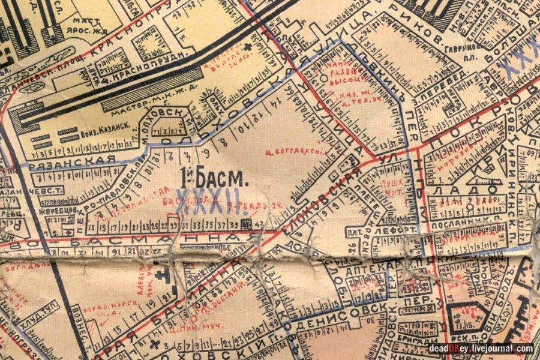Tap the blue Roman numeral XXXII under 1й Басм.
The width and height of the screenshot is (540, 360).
click(211, 202)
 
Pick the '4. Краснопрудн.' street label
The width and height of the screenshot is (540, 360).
click(130, 77)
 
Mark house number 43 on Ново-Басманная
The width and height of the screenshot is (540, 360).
click(259, 225)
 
